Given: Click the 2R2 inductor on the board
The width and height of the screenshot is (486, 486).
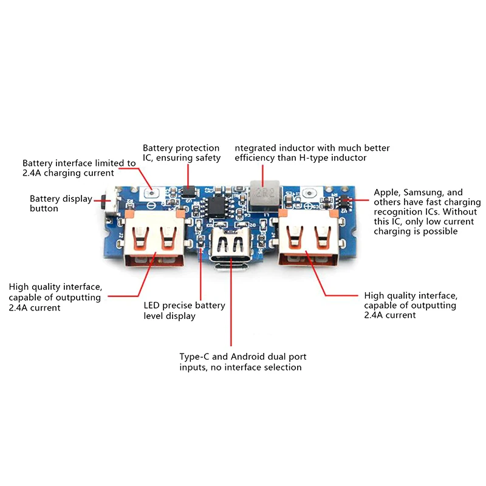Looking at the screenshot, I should (263, 193).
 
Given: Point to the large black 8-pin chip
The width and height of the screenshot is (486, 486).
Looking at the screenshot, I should (216, 207).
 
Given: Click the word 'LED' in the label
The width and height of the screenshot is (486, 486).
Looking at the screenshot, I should (152, 306).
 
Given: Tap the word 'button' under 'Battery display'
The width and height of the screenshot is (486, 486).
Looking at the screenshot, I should (44, 208).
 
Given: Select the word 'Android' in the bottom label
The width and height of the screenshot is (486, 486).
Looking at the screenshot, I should (251, 357).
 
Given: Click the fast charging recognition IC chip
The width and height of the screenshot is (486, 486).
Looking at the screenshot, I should (344, 200).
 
